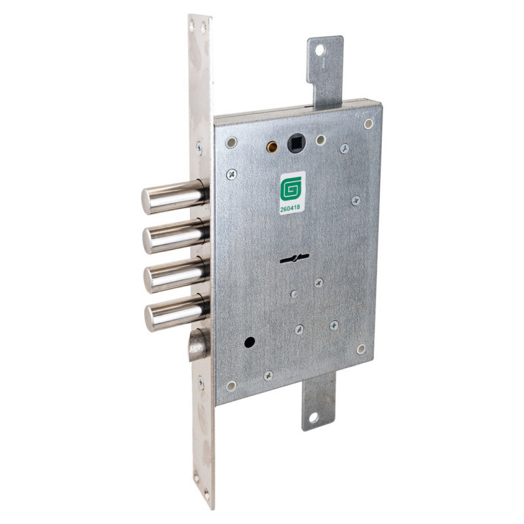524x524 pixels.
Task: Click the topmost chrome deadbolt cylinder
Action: pos(174,196)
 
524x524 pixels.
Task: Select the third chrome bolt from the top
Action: pos(176,274)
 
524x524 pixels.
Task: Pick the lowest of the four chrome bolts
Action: pos(177,313)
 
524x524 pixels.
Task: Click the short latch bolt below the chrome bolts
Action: pos(199,345)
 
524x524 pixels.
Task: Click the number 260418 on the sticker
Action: pos(290,208)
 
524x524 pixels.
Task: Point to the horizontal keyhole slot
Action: pos(294,258)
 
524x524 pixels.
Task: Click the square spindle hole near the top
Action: pos(297,143)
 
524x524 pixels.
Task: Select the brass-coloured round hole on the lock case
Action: pos(272,146)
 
